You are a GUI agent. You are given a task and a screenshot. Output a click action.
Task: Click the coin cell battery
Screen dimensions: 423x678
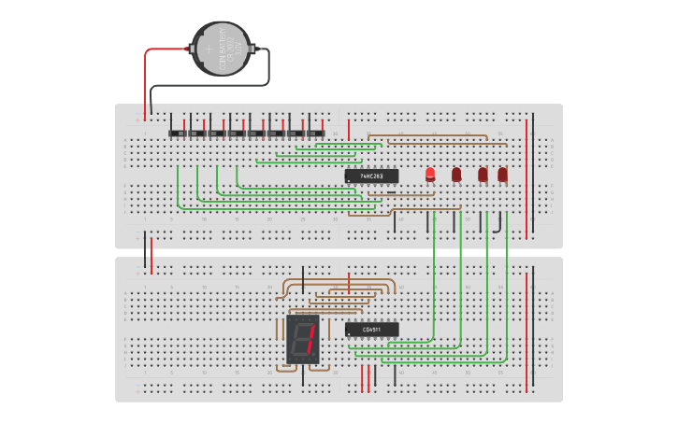pos(222,49)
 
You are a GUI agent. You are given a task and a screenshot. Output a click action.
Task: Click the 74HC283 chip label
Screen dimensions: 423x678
pos(371,176)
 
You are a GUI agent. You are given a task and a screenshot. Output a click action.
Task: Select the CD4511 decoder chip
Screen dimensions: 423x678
pos(371,329)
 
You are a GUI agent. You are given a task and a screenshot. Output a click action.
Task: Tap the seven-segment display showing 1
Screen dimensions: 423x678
pos(304,340)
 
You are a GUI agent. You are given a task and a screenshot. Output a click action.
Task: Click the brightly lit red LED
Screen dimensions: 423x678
pos(430,174)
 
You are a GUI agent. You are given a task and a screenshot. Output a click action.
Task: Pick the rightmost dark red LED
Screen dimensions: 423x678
pos(503,174)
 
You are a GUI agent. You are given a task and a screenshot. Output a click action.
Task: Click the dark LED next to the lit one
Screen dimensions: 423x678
pos(456,174)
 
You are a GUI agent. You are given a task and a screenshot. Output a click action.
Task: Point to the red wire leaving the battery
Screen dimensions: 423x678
pos(146,79)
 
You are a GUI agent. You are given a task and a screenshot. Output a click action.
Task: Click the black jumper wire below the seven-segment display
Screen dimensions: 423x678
pos(303,374)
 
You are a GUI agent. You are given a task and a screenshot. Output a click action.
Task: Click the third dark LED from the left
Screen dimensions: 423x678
pos(483,174)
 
